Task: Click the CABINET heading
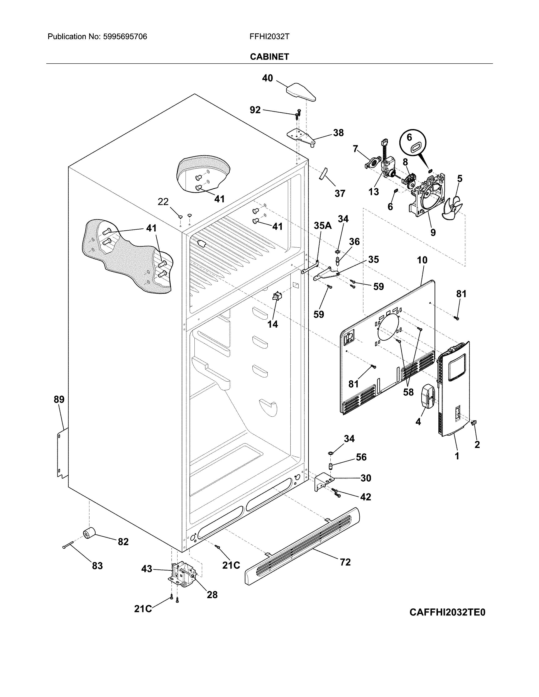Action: (269, 57)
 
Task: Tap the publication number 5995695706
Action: (125, 37)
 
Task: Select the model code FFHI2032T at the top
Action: (269, 37)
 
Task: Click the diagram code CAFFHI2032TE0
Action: (447, 613)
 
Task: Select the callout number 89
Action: (59, 399)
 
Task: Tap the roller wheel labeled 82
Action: (89, 533)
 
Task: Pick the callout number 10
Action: (422, 260)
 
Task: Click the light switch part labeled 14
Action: (276, 296)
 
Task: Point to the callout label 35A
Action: (323, 226)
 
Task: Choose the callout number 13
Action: (373, 192)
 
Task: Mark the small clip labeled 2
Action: (473, 423)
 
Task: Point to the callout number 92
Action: (255, 110)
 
